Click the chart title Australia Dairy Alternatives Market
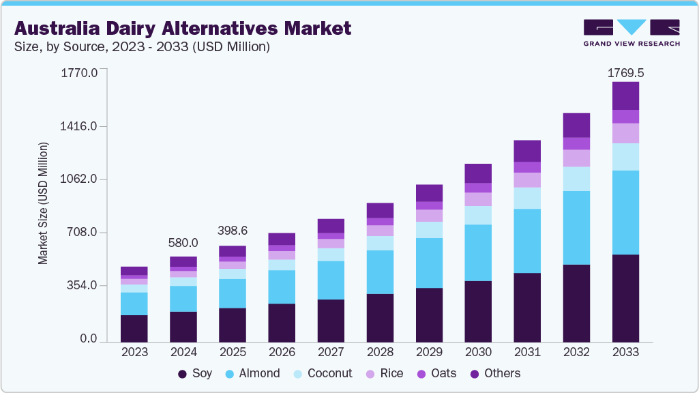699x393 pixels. coord(183,28)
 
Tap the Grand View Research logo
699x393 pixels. coord(631,33)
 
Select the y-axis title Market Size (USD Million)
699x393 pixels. coord(43,203)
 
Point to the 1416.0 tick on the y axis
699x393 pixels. coord(79,126)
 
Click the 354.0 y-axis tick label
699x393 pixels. coord(82,285)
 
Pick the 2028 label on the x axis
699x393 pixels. coord(380,353)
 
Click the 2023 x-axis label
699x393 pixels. coord(134,353)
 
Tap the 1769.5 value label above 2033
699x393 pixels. coord(625,72)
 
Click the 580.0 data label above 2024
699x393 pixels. coord(183,243)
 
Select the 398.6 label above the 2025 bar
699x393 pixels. coord(233,231)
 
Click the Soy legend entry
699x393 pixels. coord(195,374)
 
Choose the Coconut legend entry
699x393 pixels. coord(322,374)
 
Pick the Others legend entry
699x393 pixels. coord(494,374)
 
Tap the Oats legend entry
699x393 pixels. coord(437,374)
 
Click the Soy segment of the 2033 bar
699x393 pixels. coord(625,298)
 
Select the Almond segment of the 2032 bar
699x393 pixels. coord(576,228)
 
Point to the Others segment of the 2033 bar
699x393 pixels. coord(625,96)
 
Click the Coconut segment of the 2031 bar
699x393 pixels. coord(527,198)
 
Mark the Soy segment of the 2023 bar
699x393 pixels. coord(134,328)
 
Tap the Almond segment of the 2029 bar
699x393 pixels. coord(429,263)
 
